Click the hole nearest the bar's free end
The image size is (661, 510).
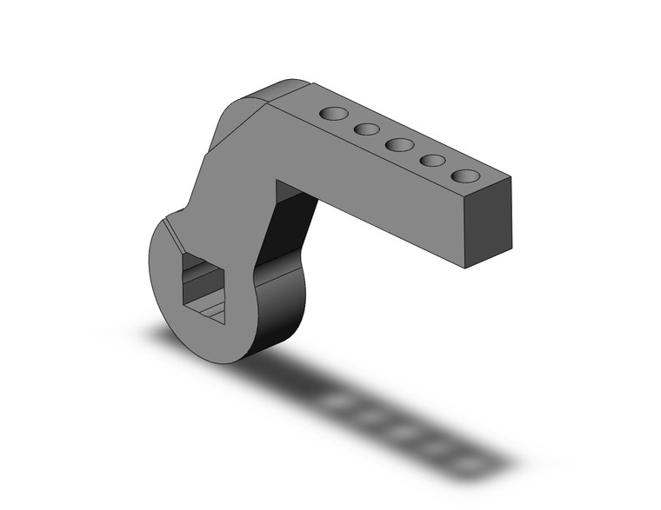465,176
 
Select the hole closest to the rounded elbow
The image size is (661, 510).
333,114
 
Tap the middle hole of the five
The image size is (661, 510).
399,145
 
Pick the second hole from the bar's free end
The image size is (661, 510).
432,161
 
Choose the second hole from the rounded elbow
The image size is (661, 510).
366,129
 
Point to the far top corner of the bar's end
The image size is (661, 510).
511,178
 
